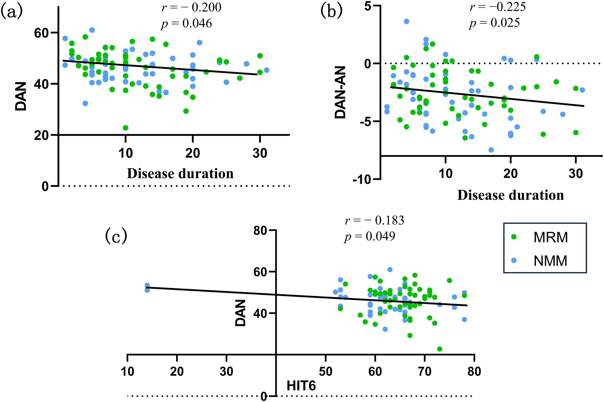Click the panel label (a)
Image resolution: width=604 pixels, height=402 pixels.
point(12,11)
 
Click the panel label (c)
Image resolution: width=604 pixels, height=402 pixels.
point(116,236)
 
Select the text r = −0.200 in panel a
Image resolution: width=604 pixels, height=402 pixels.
point(191,7)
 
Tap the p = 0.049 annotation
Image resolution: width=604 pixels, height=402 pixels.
point(370,236)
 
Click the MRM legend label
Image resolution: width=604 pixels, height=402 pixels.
point(551,237)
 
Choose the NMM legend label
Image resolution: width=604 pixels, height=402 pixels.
point(550,261)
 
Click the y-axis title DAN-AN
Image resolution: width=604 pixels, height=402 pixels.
point(340,92)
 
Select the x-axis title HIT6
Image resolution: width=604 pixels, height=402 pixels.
point(301,386)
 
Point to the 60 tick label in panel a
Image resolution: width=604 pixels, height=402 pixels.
point(41,33)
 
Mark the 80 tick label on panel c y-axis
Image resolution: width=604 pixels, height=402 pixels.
point(261,231)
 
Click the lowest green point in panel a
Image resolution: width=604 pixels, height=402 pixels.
point(125,128)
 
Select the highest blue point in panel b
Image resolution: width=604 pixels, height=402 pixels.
point(406,21)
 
